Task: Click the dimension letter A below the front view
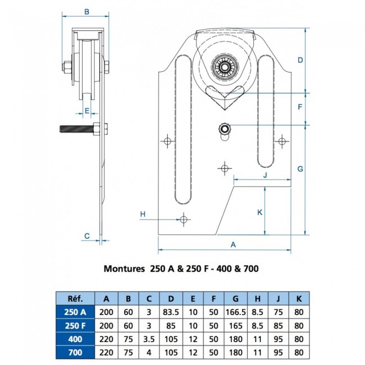pyautogui.click(x=233, y=244)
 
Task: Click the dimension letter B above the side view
pyautogui.click(x=86, y=11)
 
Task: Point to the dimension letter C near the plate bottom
pyautogui.click(x=87, y=235)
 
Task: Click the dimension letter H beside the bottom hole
pyautogui.click(x=143, y=214)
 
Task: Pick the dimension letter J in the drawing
pyautogui.click(x=264, y=175)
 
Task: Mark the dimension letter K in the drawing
pyautogui.click(x=259, y=212)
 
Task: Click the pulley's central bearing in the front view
pyautogui.click(x=225, y=68)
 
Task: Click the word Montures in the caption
pyautogui.click(x=124, y=268)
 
